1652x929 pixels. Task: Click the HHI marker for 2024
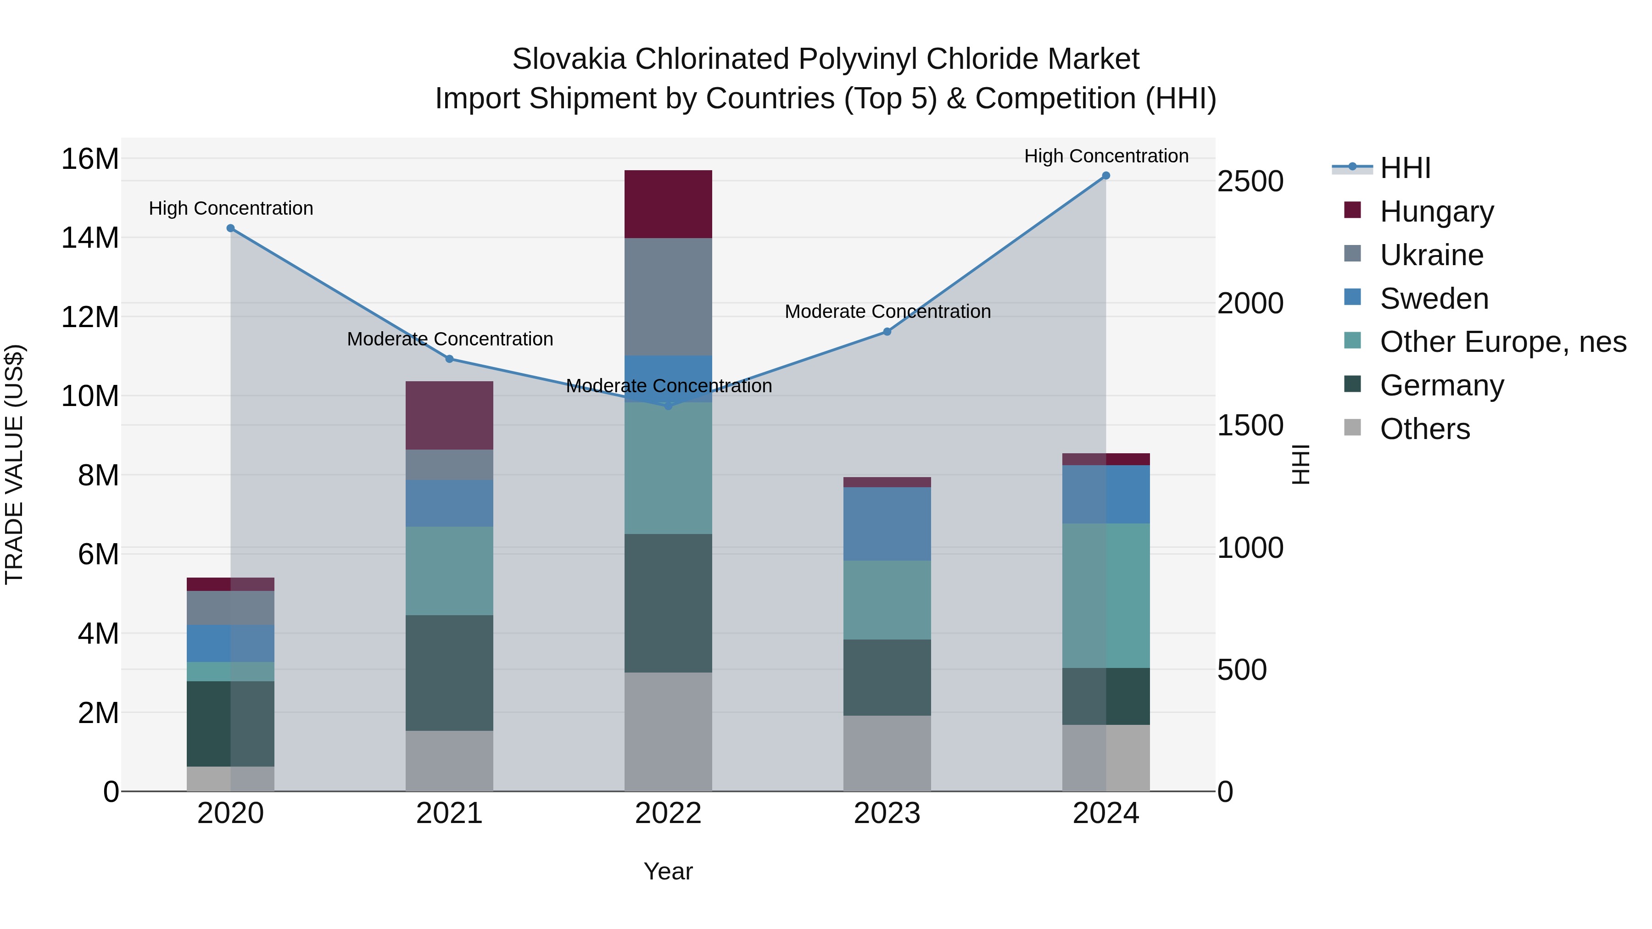pos(1105,176)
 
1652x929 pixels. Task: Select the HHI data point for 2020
pos(230,228)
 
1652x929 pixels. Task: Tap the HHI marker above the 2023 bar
pos(887,332)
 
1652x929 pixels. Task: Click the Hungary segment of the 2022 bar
pos(668,204)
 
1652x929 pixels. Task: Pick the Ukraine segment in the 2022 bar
pos(668,297)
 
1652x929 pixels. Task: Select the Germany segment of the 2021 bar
pos(449,673)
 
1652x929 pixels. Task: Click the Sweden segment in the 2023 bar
pos(887,524)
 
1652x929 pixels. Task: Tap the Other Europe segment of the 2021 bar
pos(449,571)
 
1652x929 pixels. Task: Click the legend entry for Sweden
pos(1434,299)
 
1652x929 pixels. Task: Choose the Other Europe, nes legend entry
pos(1502,342)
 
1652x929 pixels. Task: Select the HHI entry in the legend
pos(1405,168)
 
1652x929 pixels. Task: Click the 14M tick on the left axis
pos(90,238)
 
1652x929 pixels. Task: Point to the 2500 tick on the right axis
pos(1250,181)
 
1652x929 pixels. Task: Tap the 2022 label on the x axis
pos(668,813)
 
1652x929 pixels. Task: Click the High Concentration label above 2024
pos(1105,156)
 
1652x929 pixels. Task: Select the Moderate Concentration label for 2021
pos(450,339)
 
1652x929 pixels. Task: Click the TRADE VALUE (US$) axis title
pos(14,464)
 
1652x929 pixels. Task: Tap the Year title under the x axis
pos(668,871)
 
